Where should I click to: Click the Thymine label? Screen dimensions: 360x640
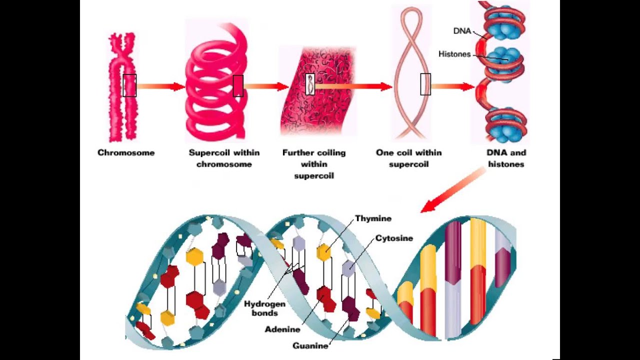[x=373, y=218]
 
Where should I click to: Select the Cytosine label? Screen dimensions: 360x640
[x=394, y=238]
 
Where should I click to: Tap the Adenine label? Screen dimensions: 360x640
[x=282, y=329]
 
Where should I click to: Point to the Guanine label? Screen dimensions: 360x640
[x=310, y=345]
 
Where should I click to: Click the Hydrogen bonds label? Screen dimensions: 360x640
[x=264, y=308]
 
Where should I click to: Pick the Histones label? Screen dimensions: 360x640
[x=454, y=54]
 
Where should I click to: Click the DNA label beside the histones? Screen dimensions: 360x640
[x=462, y=31]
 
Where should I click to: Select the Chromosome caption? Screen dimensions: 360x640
[x=126, y=153]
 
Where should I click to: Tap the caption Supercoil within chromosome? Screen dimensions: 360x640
[x=224, y=158]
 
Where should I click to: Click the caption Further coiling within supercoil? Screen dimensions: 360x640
[x=314, y=164]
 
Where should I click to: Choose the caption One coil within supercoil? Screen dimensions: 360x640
[x=408, y=158]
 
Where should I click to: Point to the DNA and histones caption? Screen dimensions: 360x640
[x=506, y=158]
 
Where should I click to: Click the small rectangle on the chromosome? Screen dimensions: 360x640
[x=129, y=85]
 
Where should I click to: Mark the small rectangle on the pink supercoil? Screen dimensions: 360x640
[x=238, y=86]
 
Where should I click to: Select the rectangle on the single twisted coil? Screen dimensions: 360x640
[x=425, y=84]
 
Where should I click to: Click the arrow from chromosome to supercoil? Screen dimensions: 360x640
[x=160, y=86]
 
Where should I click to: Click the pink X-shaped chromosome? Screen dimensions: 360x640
[x=123, y=87]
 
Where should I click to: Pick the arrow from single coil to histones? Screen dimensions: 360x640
[x=452, y=86]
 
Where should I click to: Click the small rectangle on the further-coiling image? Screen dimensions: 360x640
[x=310, y=84]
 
